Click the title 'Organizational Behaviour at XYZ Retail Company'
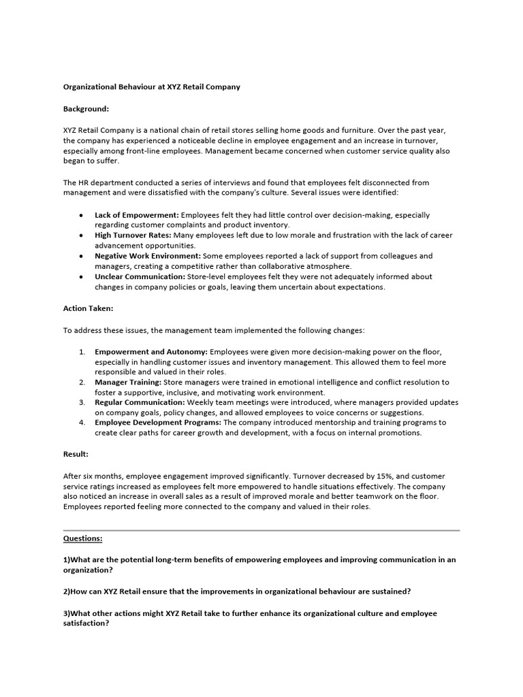tap(151, 87)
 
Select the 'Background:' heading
tap(86, 108)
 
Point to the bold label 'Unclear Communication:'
tap(139, 277)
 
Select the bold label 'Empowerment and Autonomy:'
tap(151, 351)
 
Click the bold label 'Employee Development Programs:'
tap(158, 423)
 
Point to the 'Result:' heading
tap(76, 453)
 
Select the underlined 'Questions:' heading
tap(83, 538)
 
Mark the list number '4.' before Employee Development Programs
tap(82, 423)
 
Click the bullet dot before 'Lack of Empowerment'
tap(81, 215)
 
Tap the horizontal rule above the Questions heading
tap(261, 530)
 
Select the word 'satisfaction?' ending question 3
tap(86, 623)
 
